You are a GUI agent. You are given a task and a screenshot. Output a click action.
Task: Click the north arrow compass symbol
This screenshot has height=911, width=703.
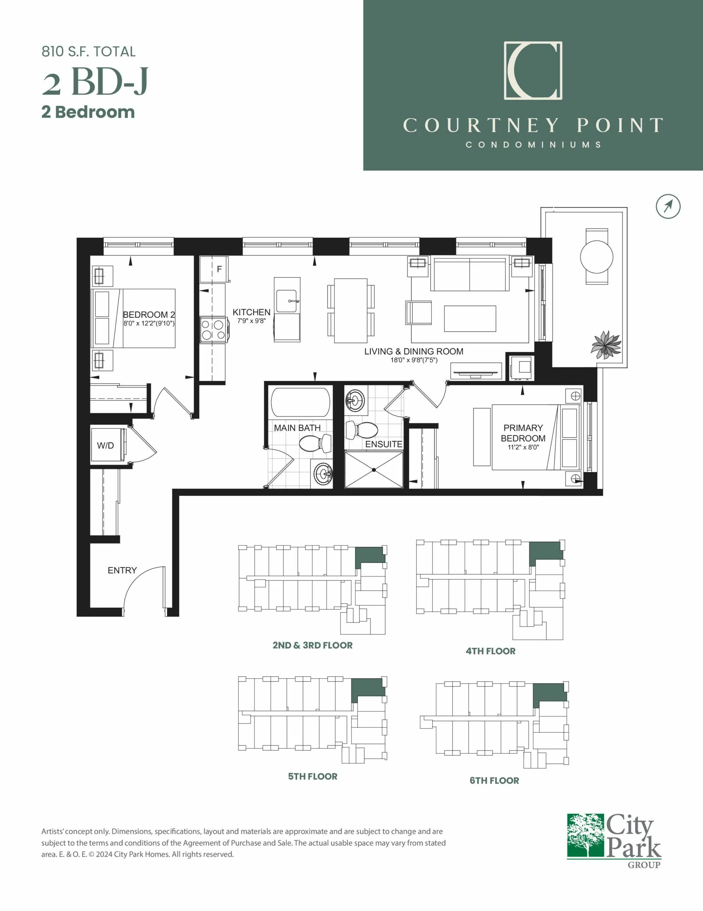668,206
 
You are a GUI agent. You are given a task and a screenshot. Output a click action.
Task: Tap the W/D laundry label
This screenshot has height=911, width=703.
106,446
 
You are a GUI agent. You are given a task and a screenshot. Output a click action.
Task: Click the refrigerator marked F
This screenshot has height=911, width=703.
214,269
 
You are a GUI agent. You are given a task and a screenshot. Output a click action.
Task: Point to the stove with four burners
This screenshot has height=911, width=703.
214,330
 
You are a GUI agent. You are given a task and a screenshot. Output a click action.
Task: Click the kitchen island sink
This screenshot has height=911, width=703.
287,301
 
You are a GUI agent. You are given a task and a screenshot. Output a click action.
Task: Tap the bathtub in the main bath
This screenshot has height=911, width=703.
300,402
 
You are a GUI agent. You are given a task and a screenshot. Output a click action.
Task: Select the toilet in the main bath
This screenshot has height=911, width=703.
315,443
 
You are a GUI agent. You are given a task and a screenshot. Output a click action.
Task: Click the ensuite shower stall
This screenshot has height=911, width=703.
374,470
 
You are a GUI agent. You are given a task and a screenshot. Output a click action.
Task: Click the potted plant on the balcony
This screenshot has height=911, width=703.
606,344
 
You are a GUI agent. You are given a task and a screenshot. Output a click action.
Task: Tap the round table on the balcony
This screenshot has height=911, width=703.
597,257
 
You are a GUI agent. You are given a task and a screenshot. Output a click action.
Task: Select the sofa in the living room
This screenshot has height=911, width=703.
469,274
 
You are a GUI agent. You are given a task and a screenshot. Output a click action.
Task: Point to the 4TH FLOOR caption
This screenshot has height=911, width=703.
490,651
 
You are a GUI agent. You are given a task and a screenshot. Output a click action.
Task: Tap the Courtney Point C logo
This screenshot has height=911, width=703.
533,70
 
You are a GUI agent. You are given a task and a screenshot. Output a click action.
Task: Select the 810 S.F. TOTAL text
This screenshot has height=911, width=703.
88,52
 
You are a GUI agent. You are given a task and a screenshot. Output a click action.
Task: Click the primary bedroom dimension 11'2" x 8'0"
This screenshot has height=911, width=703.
523,447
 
